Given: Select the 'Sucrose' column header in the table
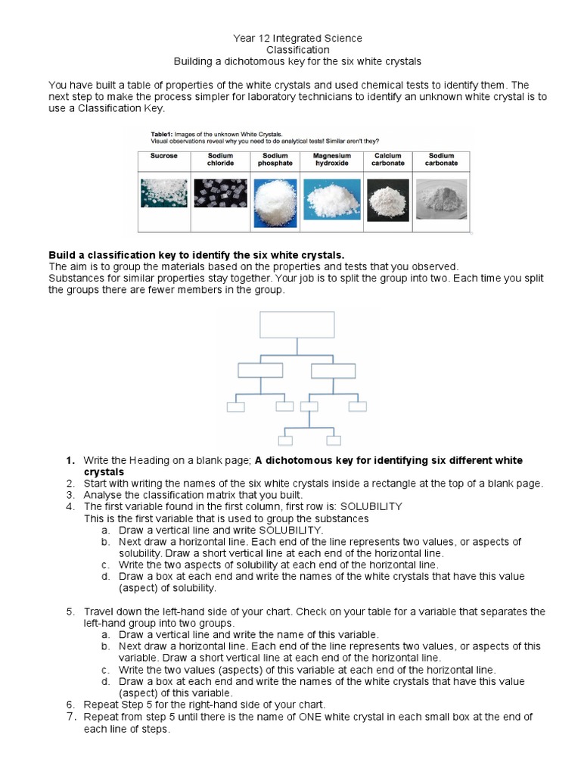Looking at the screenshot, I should [x=163, y=156].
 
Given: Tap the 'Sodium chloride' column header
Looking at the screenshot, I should [x=220, y=159].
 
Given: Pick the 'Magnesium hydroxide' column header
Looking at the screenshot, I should [x=331, y=159].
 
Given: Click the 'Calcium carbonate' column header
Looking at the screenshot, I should [x=387, y=159].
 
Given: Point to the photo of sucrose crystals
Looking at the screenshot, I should [x=164, y=193].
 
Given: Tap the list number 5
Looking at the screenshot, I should [x=69, y=612].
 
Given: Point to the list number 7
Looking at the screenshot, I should [x=69, y=717].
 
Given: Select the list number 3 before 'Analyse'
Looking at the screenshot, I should [x=69, y=495].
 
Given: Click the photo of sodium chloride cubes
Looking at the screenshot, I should [x=220, y=193].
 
